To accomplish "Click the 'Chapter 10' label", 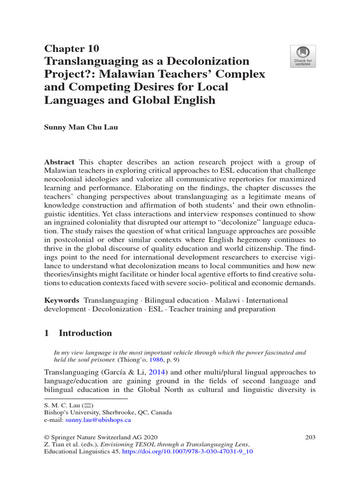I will coord(71,49).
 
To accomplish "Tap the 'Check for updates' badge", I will coord(303,56).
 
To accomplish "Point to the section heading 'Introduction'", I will coord(85,333).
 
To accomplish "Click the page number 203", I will coord(310,437).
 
